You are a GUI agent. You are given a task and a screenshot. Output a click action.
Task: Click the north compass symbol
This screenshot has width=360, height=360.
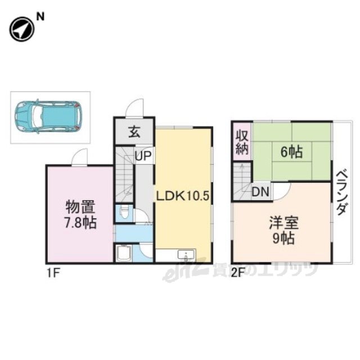[x=21, y=29]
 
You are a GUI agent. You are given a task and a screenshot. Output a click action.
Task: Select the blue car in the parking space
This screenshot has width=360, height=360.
[x=48, y=118]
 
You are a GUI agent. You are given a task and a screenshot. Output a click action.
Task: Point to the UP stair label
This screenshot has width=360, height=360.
[x=143, y=156]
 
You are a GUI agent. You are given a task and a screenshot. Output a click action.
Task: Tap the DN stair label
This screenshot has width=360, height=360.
[x=260, y=192]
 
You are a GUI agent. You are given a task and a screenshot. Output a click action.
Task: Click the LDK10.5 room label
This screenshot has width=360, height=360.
[x=183, y=196]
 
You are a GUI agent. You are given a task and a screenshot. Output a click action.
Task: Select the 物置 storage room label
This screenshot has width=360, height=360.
[x=80, y=207]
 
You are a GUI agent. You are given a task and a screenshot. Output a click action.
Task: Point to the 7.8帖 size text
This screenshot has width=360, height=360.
[x=80, y=223]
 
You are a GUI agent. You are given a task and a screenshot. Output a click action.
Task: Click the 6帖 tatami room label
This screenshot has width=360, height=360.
[x=291, y=152]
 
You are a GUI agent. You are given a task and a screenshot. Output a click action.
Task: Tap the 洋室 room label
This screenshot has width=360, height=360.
[x=283, y=223]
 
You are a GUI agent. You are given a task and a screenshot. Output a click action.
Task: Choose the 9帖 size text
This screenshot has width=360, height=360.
[x=283, y=238]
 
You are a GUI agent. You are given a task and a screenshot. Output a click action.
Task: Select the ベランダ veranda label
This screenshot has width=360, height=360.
[x=342, y=192]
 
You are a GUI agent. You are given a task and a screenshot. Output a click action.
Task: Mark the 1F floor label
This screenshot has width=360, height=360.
[x=54, y=274]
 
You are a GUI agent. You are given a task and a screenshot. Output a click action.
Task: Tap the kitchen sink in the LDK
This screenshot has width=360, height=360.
[x=186, y=255]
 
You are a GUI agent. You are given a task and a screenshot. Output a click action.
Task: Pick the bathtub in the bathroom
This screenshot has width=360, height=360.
[x=124, y=253]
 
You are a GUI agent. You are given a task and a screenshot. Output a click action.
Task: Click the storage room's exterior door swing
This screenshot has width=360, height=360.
[x=79, y=157]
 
